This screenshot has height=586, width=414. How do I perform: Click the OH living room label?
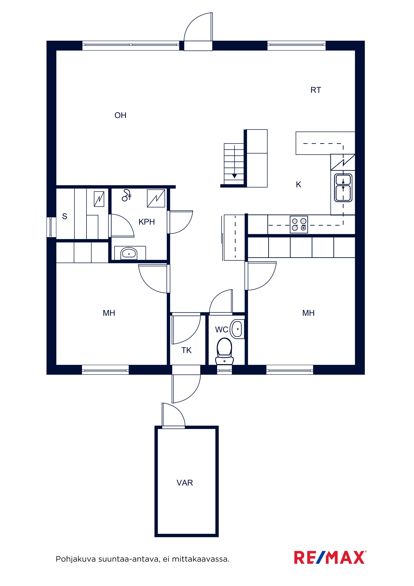point(120,115)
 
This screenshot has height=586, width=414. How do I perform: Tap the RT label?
point(316,90)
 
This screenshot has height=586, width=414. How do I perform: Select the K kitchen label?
point(298,185)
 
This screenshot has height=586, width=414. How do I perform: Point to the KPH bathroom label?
point(147,222)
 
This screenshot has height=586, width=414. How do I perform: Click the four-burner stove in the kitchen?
point(299,225)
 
